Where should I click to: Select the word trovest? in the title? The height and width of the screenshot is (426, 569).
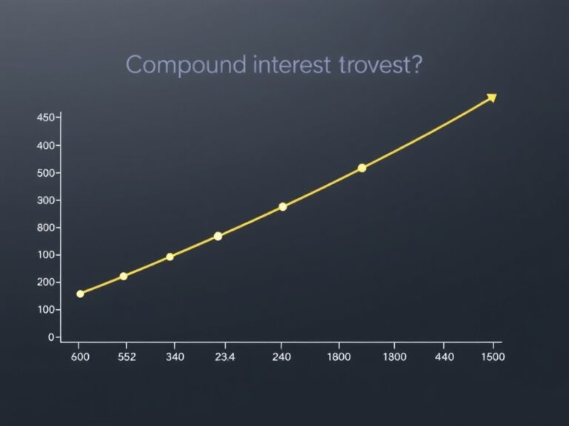[x=379, y=65]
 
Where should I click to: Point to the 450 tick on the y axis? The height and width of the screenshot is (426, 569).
[x=45, y=118]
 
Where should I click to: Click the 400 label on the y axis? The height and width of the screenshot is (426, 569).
[x=45, y=146]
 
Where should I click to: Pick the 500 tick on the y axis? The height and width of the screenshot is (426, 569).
[x=45, y=173]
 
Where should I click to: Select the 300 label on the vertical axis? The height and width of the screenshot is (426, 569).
[x=45, y=200]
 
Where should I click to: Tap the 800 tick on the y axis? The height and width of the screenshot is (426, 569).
[x=45, y=228]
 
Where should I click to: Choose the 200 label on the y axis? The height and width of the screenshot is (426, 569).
[x=45, y=283]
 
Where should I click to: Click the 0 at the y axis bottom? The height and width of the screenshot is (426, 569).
[x=50, y=337]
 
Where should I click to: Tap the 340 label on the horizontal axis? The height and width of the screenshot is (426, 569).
[x=174, y=357]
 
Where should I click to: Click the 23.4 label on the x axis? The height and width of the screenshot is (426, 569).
[x=224, y=357]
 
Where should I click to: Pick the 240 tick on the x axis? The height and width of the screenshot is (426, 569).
[x=282, y=357]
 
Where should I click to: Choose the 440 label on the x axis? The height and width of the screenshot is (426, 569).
[x=444, y=357]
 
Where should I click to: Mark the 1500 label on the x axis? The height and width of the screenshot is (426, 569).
[x=492, y=357]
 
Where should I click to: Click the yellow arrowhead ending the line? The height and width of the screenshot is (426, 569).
[x=490, y=98]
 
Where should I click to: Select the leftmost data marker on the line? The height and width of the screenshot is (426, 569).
[x=80, y=294]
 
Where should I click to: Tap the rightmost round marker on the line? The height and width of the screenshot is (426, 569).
[x=362, y=168]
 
